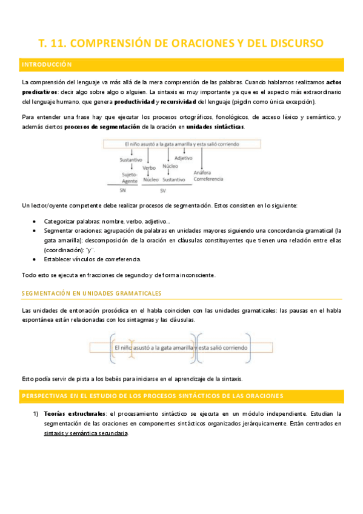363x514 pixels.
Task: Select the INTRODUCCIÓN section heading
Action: (x=47, y=64)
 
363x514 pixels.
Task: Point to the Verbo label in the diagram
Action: (x=149, y=168)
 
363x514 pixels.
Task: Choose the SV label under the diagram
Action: (x=163, y=190)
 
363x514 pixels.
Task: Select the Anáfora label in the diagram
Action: (x=202, y=173)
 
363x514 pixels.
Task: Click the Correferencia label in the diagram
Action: (x=208, y=179)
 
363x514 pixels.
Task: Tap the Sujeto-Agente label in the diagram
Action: (x=129, y=176)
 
